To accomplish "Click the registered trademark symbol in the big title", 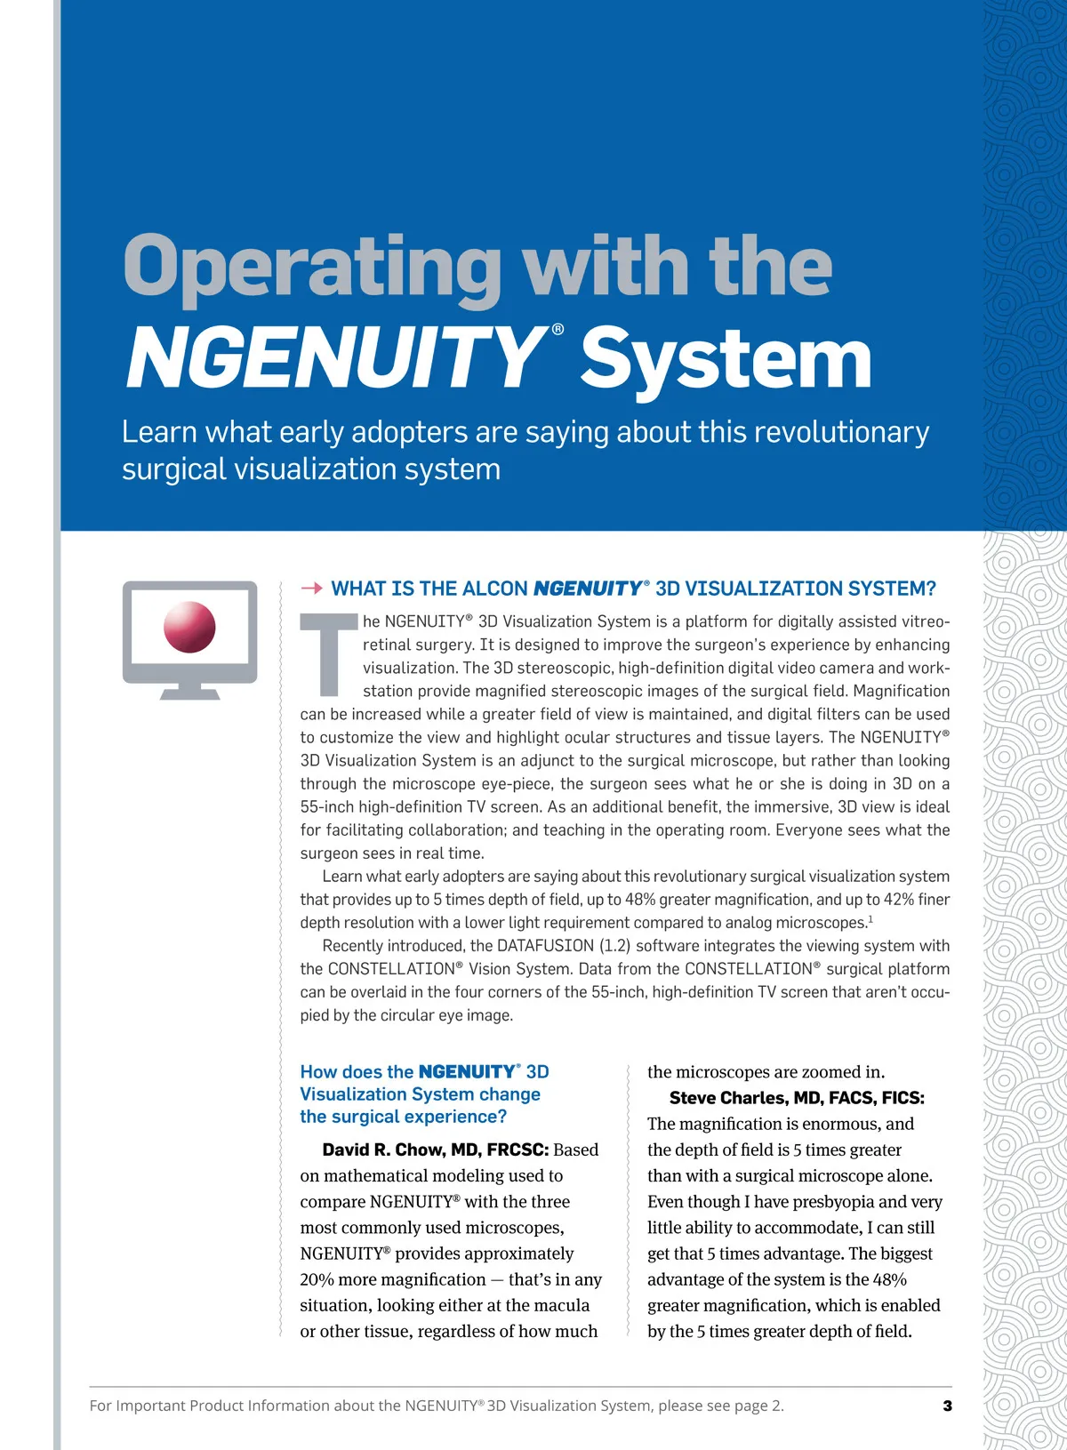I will pyautogui.click(x=558, y=330).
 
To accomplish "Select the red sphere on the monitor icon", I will pyautogui.click(x=189, y=627).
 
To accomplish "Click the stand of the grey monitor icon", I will pyautogui.click(x=189, y=692).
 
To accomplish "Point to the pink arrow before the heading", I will pyautogui.click(x=311, y=589).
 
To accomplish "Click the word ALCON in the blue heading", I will pyautogui.click(x=494, y=589).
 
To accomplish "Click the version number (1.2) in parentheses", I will pyautogui.click(x=614, y=946).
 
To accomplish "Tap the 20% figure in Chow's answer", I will pyautogui.click(x=317, y=1279).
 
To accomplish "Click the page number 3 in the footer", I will pyautogui.click(x=947, y=1406).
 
